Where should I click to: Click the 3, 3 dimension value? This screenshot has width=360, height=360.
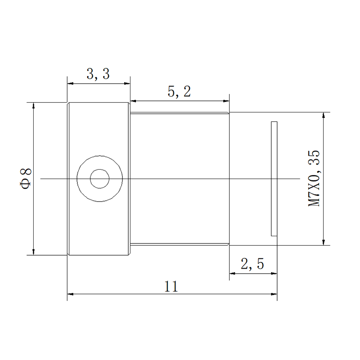coord(98,74)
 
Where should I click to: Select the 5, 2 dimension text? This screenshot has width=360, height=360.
coord(179,92)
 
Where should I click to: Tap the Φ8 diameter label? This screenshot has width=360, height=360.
coord(26,179)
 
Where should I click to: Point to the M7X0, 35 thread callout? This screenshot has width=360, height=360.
coord(314,178)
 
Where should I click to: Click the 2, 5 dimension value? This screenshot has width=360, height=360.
coord(252,264)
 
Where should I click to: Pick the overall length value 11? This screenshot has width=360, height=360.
coord(171,287)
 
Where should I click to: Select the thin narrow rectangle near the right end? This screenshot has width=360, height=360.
coord(274,179)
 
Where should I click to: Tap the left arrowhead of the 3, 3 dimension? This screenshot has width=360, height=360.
coord(70,83)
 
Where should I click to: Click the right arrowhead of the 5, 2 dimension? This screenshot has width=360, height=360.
coord(226,101)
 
